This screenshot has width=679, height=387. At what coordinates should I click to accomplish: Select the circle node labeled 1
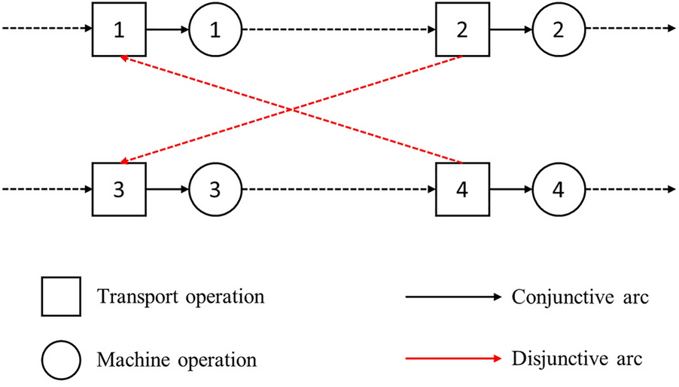coord(215,30)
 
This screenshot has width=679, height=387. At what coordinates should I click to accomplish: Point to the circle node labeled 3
coord(215,187)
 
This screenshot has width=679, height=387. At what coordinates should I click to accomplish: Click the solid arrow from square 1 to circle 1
coord(166,30)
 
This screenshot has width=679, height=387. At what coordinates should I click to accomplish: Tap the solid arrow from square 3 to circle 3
coord(166,187)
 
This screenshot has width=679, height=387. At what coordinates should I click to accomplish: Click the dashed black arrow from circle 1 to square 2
coord(339,30)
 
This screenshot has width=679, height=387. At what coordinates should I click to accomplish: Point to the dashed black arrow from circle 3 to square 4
coord(339,187)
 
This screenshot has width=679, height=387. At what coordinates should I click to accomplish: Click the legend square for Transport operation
coord(62,297)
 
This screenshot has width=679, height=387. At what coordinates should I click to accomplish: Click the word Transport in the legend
coord(132,297)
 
